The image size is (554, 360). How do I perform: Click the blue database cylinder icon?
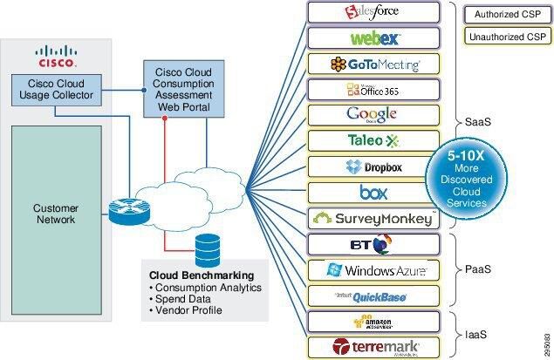209,251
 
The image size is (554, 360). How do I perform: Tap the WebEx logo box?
373,38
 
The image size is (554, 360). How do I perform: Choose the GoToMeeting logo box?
373,64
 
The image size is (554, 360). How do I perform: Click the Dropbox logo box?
373,166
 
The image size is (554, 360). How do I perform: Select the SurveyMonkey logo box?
373,218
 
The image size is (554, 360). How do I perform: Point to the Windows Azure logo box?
373,270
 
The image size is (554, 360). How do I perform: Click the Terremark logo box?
373,347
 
